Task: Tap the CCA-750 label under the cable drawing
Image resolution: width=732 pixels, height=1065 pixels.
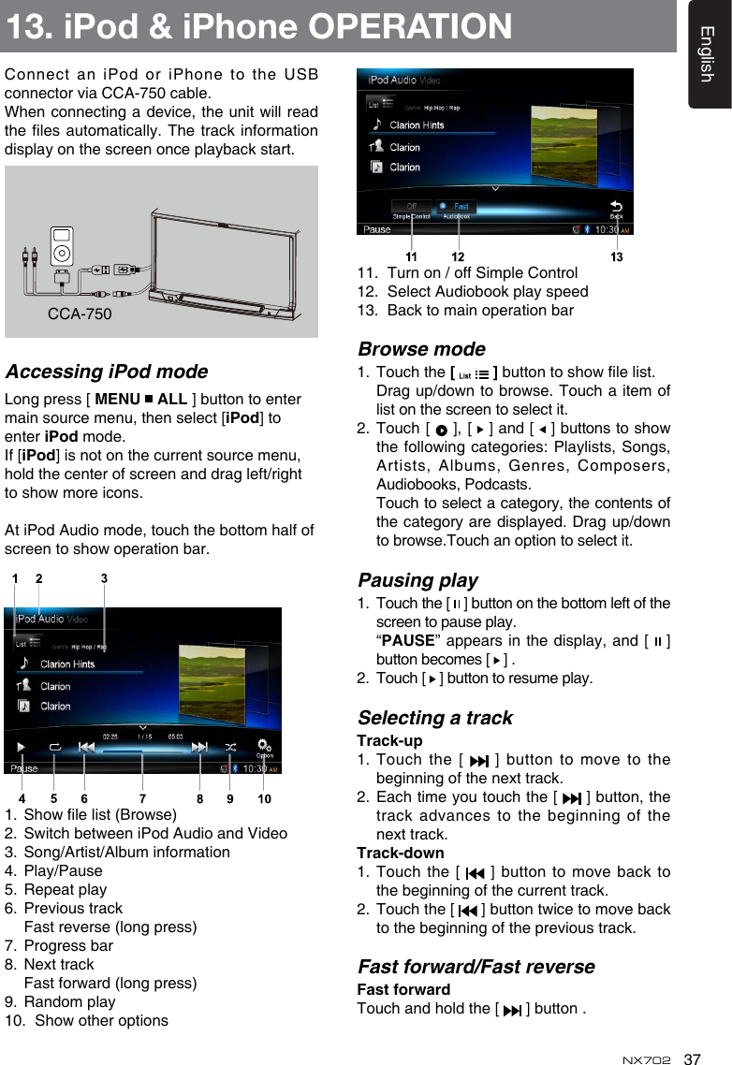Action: coord(80,314)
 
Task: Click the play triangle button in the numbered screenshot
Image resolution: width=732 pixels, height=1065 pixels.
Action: coord(21,747)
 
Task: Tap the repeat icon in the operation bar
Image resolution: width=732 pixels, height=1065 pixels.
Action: coord(54,747)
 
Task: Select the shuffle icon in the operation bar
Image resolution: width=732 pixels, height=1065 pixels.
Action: coord(230,747)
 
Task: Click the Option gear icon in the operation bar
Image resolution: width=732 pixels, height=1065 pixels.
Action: coord(265,748)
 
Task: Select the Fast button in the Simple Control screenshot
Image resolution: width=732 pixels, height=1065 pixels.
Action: coord(456,207)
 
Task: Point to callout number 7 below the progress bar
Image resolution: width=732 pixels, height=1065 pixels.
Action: coord(142,798)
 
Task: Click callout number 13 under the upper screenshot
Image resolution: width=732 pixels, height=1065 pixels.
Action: coord(617,255)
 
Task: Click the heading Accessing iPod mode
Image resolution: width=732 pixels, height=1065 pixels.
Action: coord(107,372)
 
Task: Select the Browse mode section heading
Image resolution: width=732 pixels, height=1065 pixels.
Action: coord(421,349)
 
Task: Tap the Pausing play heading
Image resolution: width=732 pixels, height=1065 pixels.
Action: coord(417,580)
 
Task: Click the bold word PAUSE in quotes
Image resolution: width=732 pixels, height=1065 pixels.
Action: coord(406,641)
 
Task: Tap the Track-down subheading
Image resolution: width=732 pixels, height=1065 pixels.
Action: coord(401,853)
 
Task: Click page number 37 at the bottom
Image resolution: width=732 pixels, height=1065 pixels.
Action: coord(693,1059)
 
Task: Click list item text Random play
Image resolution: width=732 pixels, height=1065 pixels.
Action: coord(69,1001)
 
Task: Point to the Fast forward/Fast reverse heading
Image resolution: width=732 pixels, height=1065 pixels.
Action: coord(476,967)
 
